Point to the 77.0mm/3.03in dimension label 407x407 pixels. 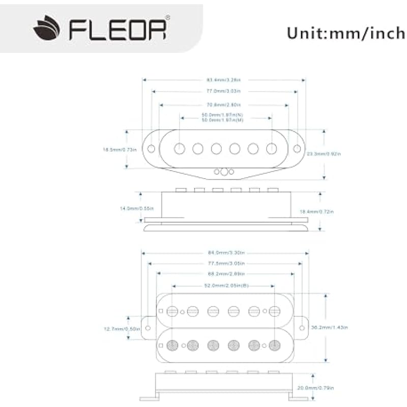223,91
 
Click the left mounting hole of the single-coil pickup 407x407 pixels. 152,148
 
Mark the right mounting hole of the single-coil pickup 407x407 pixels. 297,148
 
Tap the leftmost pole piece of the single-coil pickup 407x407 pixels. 180,148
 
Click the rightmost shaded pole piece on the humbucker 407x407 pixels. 275,344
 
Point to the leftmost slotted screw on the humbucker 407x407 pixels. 173,310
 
